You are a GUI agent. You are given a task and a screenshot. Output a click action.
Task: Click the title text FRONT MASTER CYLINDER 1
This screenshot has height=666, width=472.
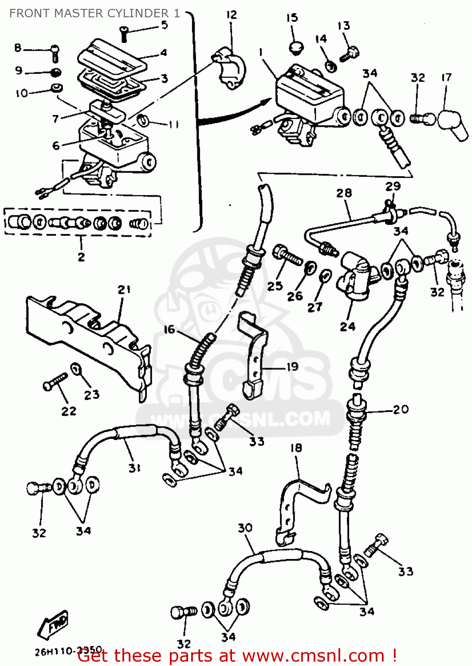coord(94,13)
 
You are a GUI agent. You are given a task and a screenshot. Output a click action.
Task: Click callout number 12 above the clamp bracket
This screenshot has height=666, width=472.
coord(232,15)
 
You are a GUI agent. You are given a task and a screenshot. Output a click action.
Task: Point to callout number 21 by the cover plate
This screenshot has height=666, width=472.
coord(124,289)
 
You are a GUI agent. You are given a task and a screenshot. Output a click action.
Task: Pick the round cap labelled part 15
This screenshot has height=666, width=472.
coord(294,47)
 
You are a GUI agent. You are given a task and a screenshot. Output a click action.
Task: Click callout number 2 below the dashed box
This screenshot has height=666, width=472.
coord(81,257)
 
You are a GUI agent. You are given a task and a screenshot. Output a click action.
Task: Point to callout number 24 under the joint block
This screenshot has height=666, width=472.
coord(347,326)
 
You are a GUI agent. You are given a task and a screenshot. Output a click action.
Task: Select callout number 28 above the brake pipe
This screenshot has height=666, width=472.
coord(344,193)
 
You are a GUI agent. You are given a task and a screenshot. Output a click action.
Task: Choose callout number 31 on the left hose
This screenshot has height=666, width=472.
coord(134,468)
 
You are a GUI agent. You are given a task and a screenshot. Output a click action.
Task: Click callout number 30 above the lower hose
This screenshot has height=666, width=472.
coord(245,528)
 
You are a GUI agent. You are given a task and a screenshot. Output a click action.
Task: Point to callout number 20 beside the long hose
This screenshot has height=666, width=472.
coord(401,409)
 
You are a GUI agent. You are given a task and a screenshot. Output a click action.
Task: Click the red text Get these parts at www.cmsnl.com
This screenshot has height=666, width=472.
coord(237,655)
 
